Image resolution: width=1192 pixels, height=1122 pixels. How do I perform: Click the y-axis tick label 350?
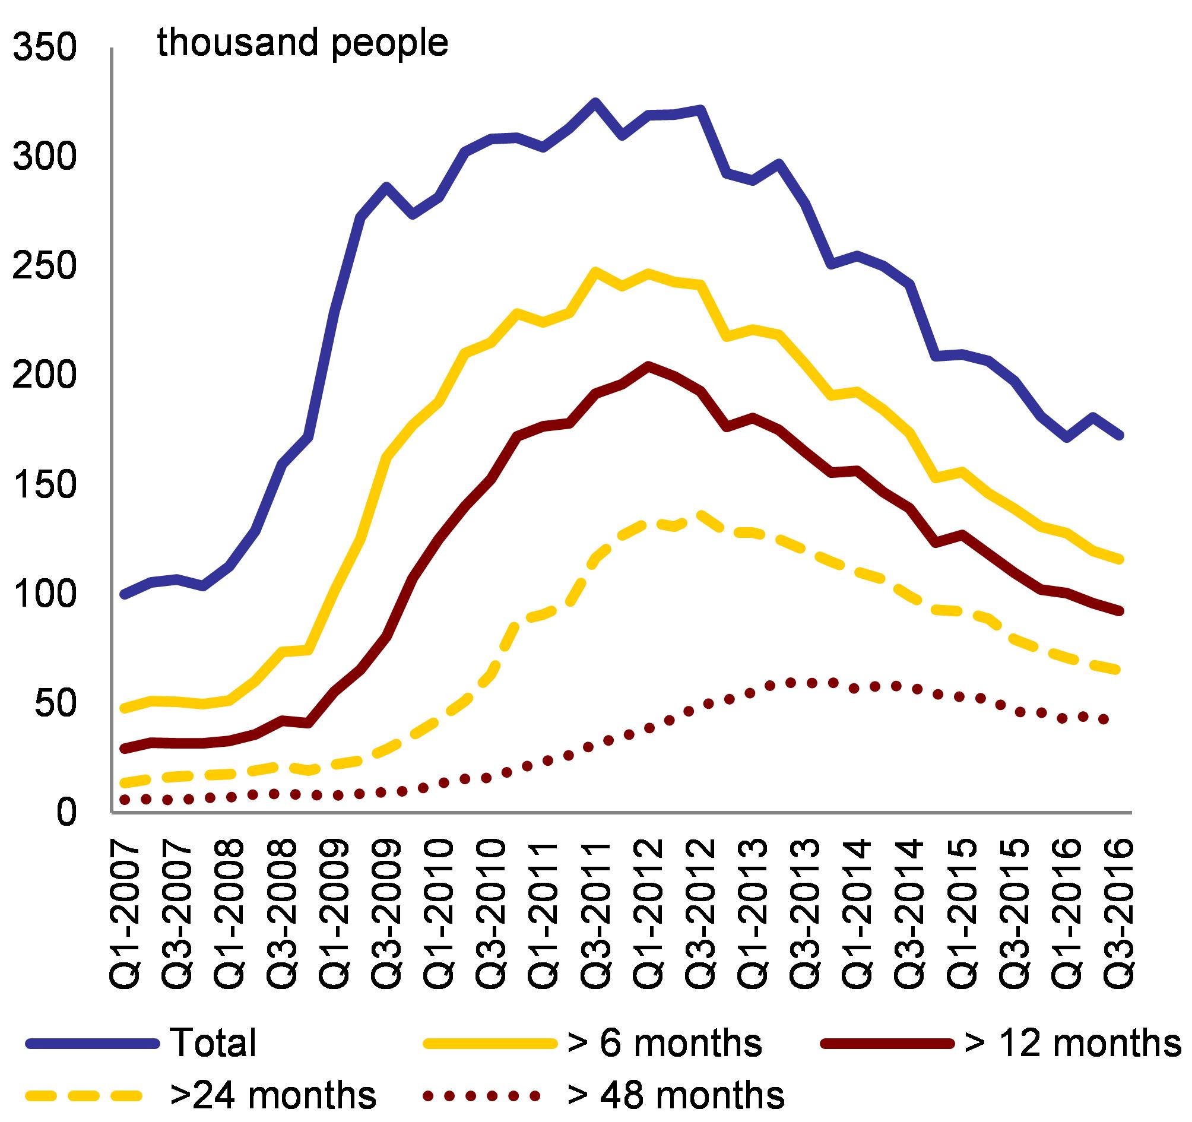[x=45, y=49]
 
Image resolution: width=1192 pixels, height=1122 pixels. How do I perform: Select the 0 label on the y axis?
[x=66, y=812]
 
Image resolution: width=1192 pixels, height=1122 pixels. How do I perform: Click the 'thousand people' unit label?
[x=303, y=43]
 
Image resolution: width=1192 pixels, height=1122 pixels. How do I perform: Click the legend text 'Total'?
[x=214, y=1043]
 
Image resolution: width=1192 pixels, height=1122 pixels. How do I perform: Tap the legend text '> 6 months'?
[x=664, y=1043]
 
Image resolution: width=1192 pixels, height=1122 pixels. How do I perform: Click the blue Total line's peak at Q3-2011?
[x=595, y=102]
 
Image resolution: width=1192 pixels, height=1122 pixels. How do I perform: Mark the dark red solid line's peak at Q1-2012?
[x=648, y=365]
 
